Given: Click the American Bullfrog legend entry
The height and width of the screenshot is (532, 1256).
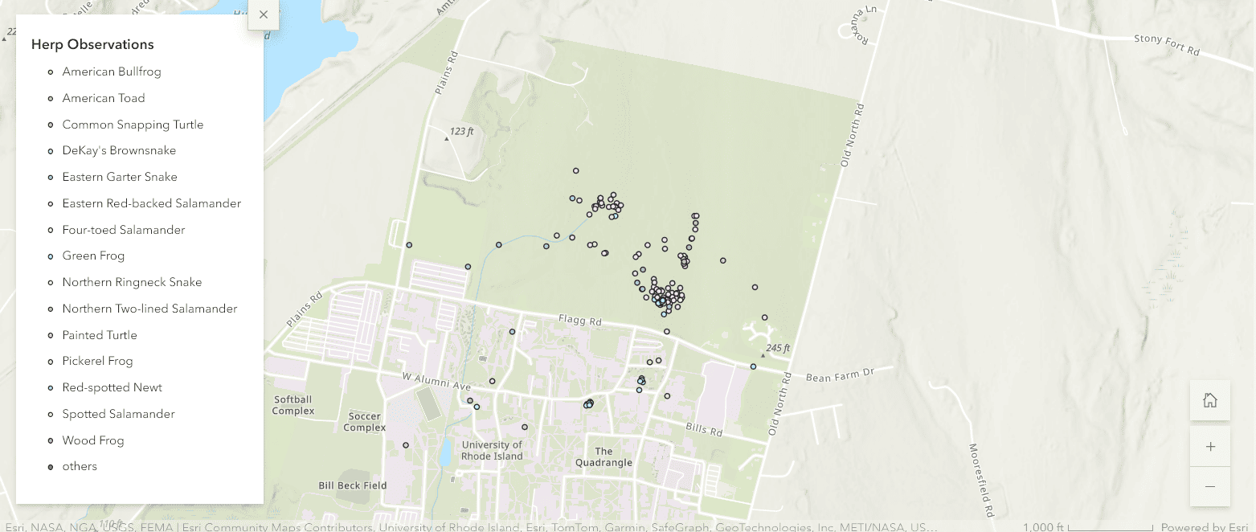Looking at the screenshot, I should [112, 72].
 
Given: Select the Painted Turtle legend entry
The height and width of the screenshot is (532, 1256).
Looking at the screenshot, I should [100, 335].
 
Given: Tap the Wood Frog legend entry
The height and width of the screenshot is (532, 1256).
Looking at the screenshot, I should [93, 440].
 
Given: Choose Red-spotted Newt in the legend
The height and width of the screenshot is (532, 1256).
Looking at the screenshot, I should [113, 387].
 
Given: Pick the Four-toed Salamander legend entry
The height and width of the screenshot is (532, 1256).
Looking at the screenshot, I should [124, 230].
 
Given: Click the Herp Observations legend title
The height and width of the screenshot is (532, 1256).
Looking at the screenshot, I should [92, 44].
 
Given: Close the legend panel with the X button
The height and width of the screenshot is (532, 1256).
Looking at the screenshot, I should [264, 14].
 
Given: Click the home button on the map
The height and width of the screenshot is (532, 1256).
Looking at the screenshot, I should [1209, 400].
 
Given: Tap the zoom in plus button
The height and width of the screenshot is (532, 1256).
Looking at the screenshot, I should [1209, 447].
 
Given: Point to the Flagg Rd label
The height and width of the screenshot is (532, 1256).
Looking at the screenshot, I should [580, 321].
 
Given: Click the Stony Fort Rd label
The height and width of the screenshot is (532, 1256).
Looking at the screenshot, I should [1166, 43].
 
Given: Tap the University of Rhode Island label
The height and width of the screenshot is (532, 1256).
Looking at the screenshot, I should [492, 450].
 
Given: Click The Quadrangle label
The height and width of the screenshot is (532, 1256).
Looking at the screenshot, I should [603, 456].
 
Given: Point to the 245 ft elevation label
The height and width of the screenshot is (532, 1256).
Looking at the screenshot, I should [777, 348].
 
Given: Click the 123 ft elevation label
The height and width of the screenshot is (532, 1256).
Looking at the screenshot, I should [461, 131].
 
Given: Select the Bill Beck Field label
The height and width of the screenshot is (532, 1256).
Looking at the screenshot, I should [353, 485].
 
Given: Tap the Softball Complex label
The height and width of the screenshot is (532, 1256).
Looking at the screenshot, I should [293, 405].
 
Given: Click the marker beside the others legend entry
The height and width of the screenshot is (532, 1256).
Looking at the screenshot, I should [51, 467].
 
